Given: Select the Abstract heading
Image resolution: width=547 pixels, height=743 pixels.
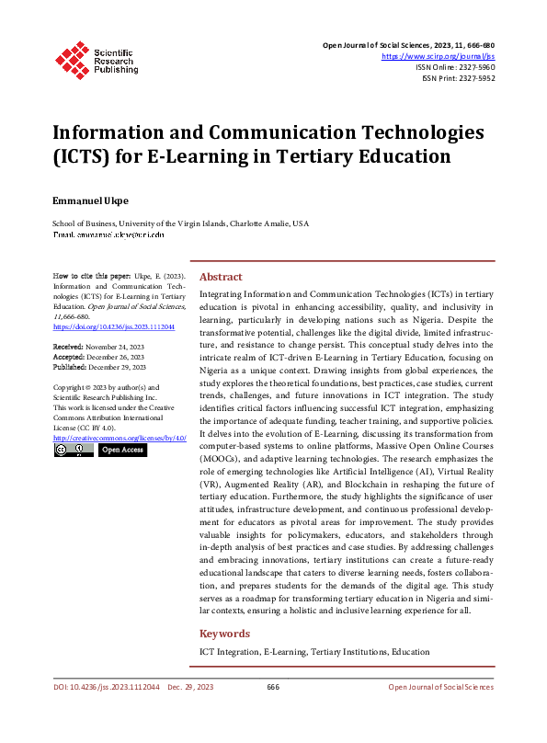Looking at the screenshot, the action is (x=221, y=277).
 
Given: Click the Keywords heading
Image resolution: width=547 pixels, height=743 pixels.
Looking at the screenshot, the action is (x=224, y=634).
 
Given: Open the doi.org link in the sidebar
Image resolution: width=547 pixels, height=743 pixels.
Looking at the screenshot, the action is (x=114, y=326).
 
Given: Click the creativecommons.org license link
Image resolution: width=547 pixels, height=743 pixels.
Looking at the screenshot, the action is (x=120, y=438).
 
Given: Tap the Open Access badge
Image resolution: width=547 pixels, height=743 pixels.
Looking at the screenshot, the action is (x=121, y=451).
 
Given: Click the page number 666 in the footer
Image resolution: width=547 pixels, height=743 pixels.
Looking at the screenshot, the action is (x=273, y=687).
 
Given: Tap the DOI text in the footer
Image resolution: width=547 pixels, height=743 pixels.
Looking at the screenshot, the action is (x=107, y=687).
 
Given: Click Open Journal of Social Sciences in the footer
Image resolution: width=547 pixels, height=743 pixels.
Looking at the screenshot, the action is (x=440, y=687).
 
